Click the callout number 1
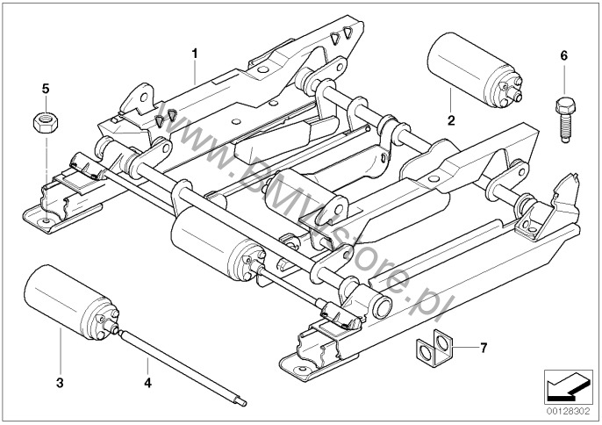pos(194,54)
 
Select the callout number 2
pos(449,120)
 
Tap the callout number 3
pos(61,383)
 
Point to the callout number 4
pos(148,383)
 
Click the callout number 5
pos(45,88)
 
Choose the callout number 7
pos(484,348)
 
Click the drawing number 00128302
pos(569,408)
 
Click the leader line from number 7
pos(461,349)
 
